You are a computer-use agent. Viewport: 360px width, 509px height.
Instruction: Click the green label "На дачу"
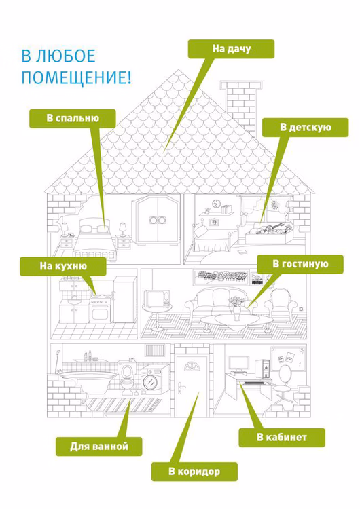click(x=231, y=49)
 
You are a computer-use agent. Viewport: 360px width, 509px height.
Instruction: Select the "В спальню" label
click(x=73, y=118)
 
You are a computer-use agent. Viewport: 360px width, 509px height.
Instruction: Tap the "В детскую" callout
click(x=306, y=128)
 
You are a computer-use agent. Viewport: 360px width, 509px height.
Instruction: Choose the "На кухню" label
click(x=63, y=267)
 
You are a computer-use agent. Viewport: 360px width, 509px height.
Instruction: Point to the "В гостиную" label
click(x=300, y=264)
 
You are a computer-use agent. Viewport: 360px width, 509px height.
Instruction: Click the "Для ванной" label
click(x=98, y=447)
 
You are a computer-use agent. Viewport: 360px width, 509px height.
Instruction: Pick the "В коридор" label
click(x=194, y=472)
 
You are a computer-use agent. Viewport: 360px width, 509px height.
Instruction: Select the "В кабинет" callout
click(x=282, y=437)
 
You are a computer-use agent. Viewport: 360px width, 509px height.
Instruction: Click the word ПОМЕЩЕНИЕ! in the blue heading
click(x=76, y=78)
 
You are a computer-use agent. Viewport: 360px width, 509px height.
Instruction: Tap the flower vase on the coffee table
click(x=236, y=308)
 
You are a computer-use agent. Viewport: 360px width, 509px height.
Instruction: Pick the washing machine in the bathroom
click(x=156, y=381)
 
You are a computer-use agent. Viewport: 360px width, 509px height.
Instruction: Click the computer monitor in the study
click(x=239, y=364)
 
